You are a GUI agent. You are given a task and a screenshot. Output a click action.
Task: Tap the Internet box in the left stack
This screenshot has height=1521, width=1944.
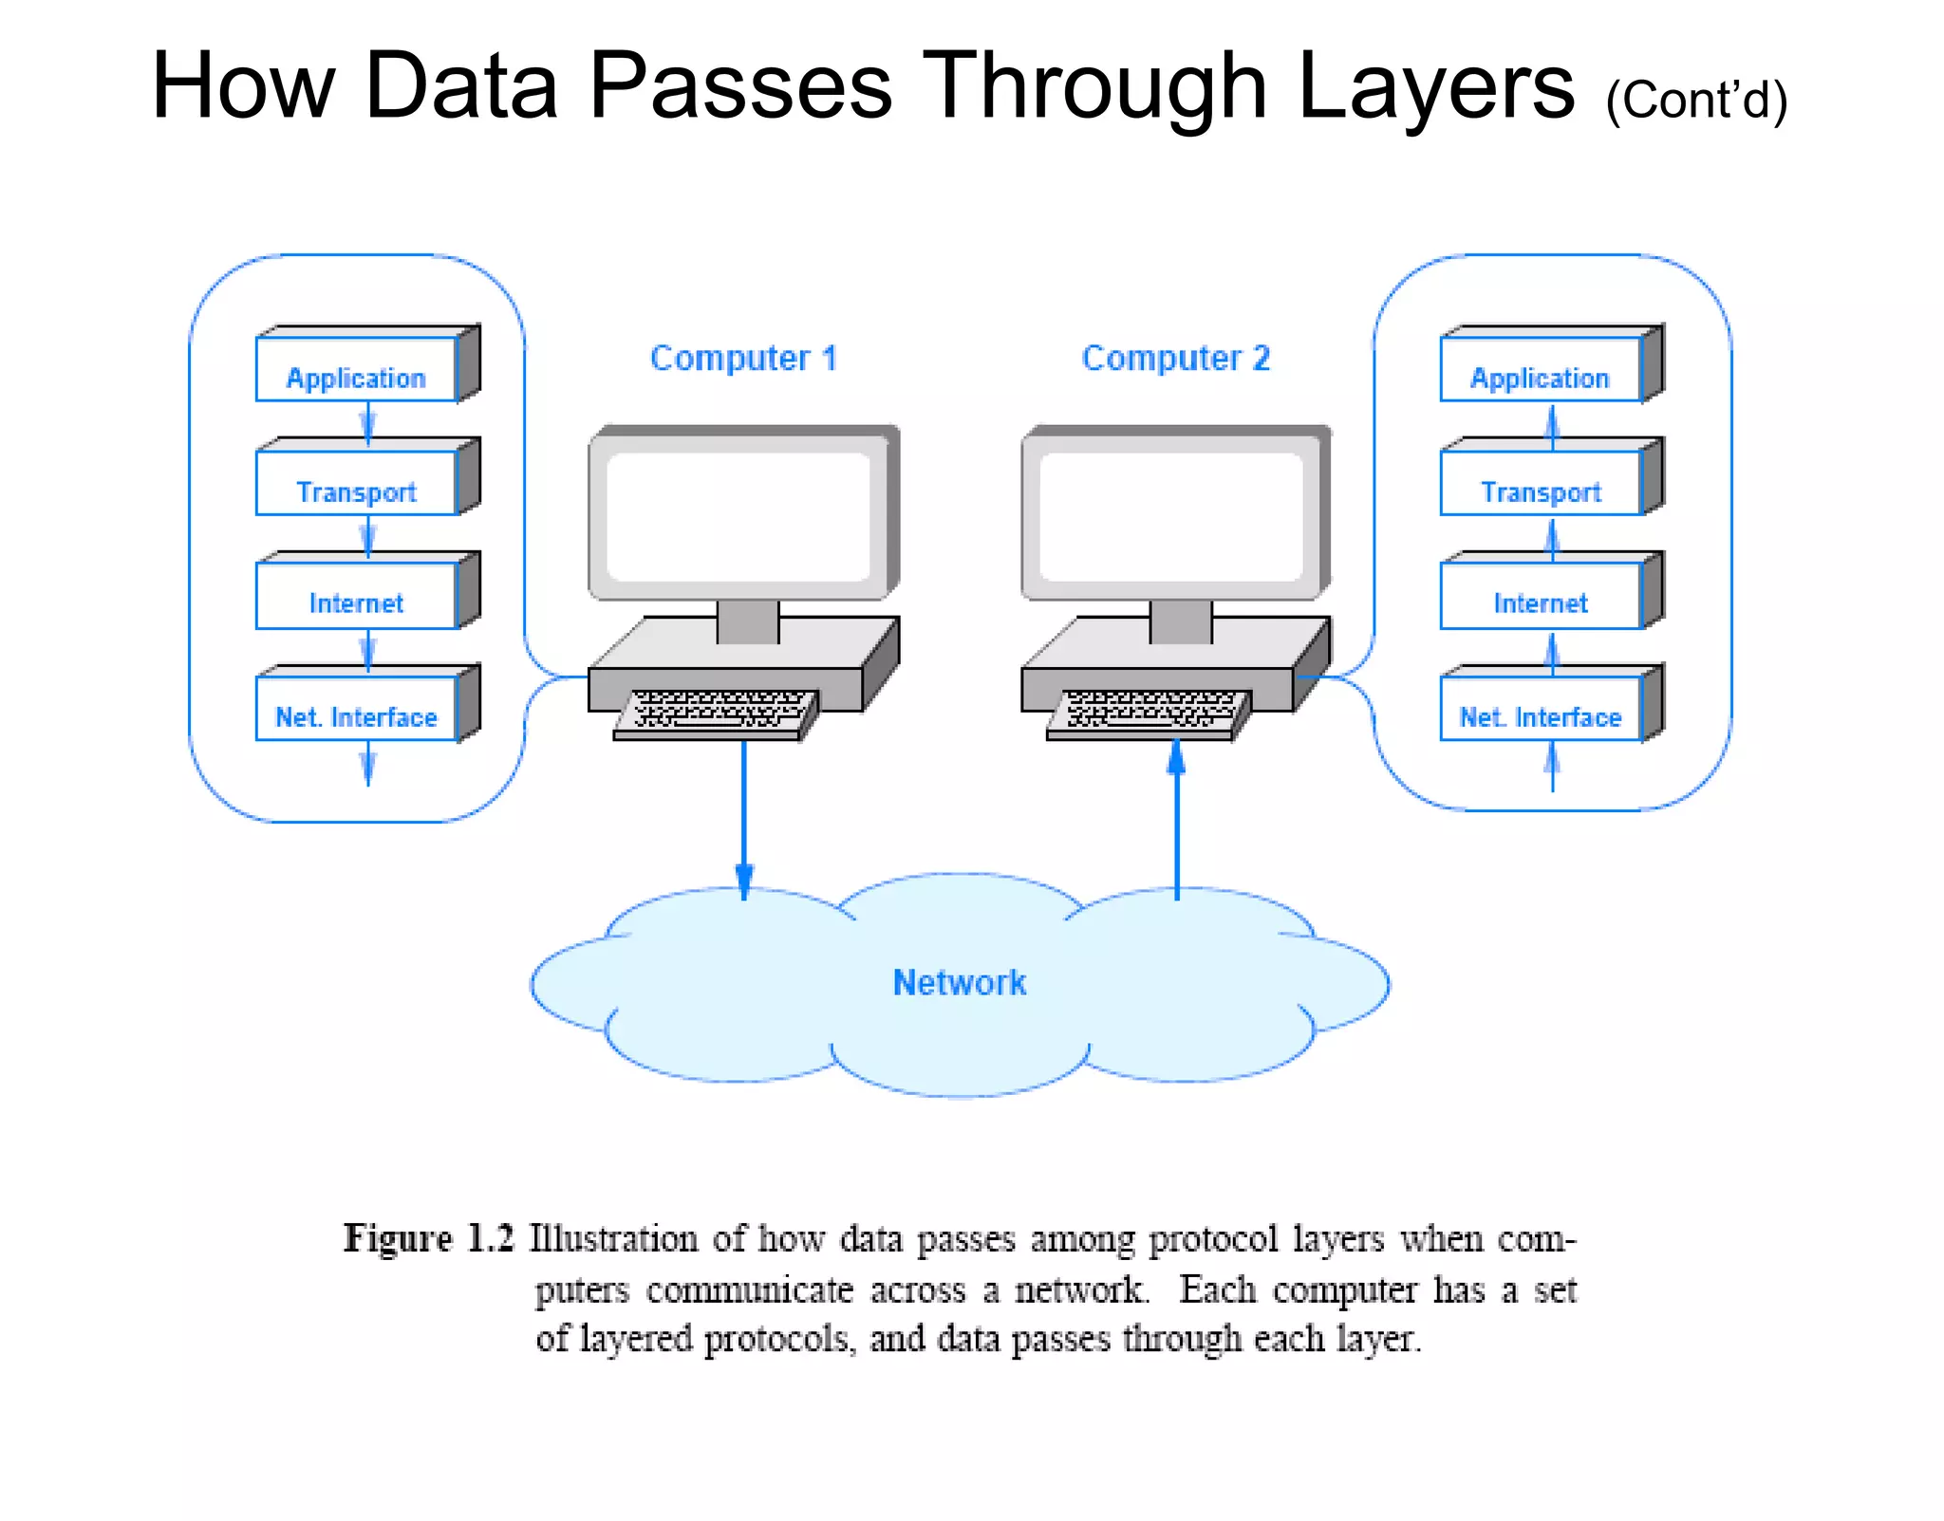point(357,597)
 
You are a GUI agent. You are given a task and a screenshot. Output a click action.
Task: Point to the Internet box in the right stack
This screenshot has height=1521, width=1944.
point(1541,597)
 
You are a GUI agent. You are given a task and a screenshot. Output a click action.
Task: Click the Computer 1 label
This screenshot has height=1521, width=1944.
point(743,359)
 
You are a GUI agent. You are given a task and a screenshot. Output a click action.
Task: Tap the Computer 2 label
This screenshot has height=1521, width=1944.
point(1175,359)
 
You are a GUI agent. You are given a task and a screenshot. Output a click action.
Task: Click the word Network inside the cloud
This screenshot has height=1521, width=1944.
point(960,983)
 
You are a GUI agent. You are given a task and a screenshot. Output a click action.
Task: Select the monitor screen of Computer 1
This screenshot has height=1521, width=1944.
point(738,516)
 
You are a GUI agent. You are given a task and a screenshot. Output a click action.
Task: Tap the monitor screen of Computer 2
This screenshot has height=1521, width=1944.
point(1171,516)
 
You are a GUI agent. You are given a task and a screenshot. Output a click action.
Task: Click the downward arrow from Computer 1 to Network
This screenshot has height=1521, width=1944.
point(744,816)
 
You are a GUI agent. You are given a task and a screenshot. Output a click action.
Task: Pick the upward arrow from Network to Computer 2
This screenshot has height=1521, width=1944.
point(1177,816)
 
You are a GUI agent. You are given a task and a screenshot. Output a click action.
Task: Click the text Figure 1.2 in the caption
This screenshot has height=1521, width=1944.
point(428,1239)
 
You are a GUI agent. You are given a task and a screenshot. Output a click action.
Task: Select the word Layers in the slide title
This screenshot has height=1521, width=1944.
point(1435,87)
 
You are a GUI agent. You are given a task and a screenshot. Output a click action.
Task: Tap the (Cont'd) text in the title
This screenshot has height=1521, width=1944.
point(1696,100)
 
